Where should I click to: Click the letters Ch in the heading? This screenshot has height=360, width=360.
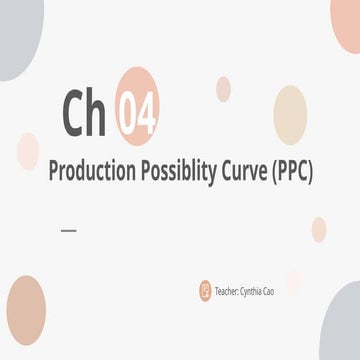coord(85,112)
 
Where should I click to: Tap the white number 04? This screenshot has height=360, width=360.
coord(137,112)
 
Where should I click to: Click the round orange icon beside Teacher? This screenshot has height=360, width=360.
coord(205,291)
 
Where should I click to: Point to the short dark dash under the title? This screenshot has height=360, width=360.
coord(68,230)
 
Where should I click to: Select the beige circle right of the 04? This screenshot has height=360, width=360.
coord(290,114)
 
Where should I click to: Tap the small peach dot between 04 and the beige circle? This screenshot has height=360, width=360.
coord(222,89)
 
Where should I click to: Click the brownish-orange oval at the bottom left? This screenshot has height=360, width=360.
coord(26,311)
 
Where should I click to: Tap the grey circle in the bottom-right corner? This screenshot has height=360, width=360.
coord(343,325)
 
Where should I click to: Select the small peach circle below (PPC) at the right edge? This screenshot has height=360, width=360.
coord(319,229)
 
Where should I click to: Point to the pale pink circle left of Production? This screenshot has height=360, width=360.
coord(28,151)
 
